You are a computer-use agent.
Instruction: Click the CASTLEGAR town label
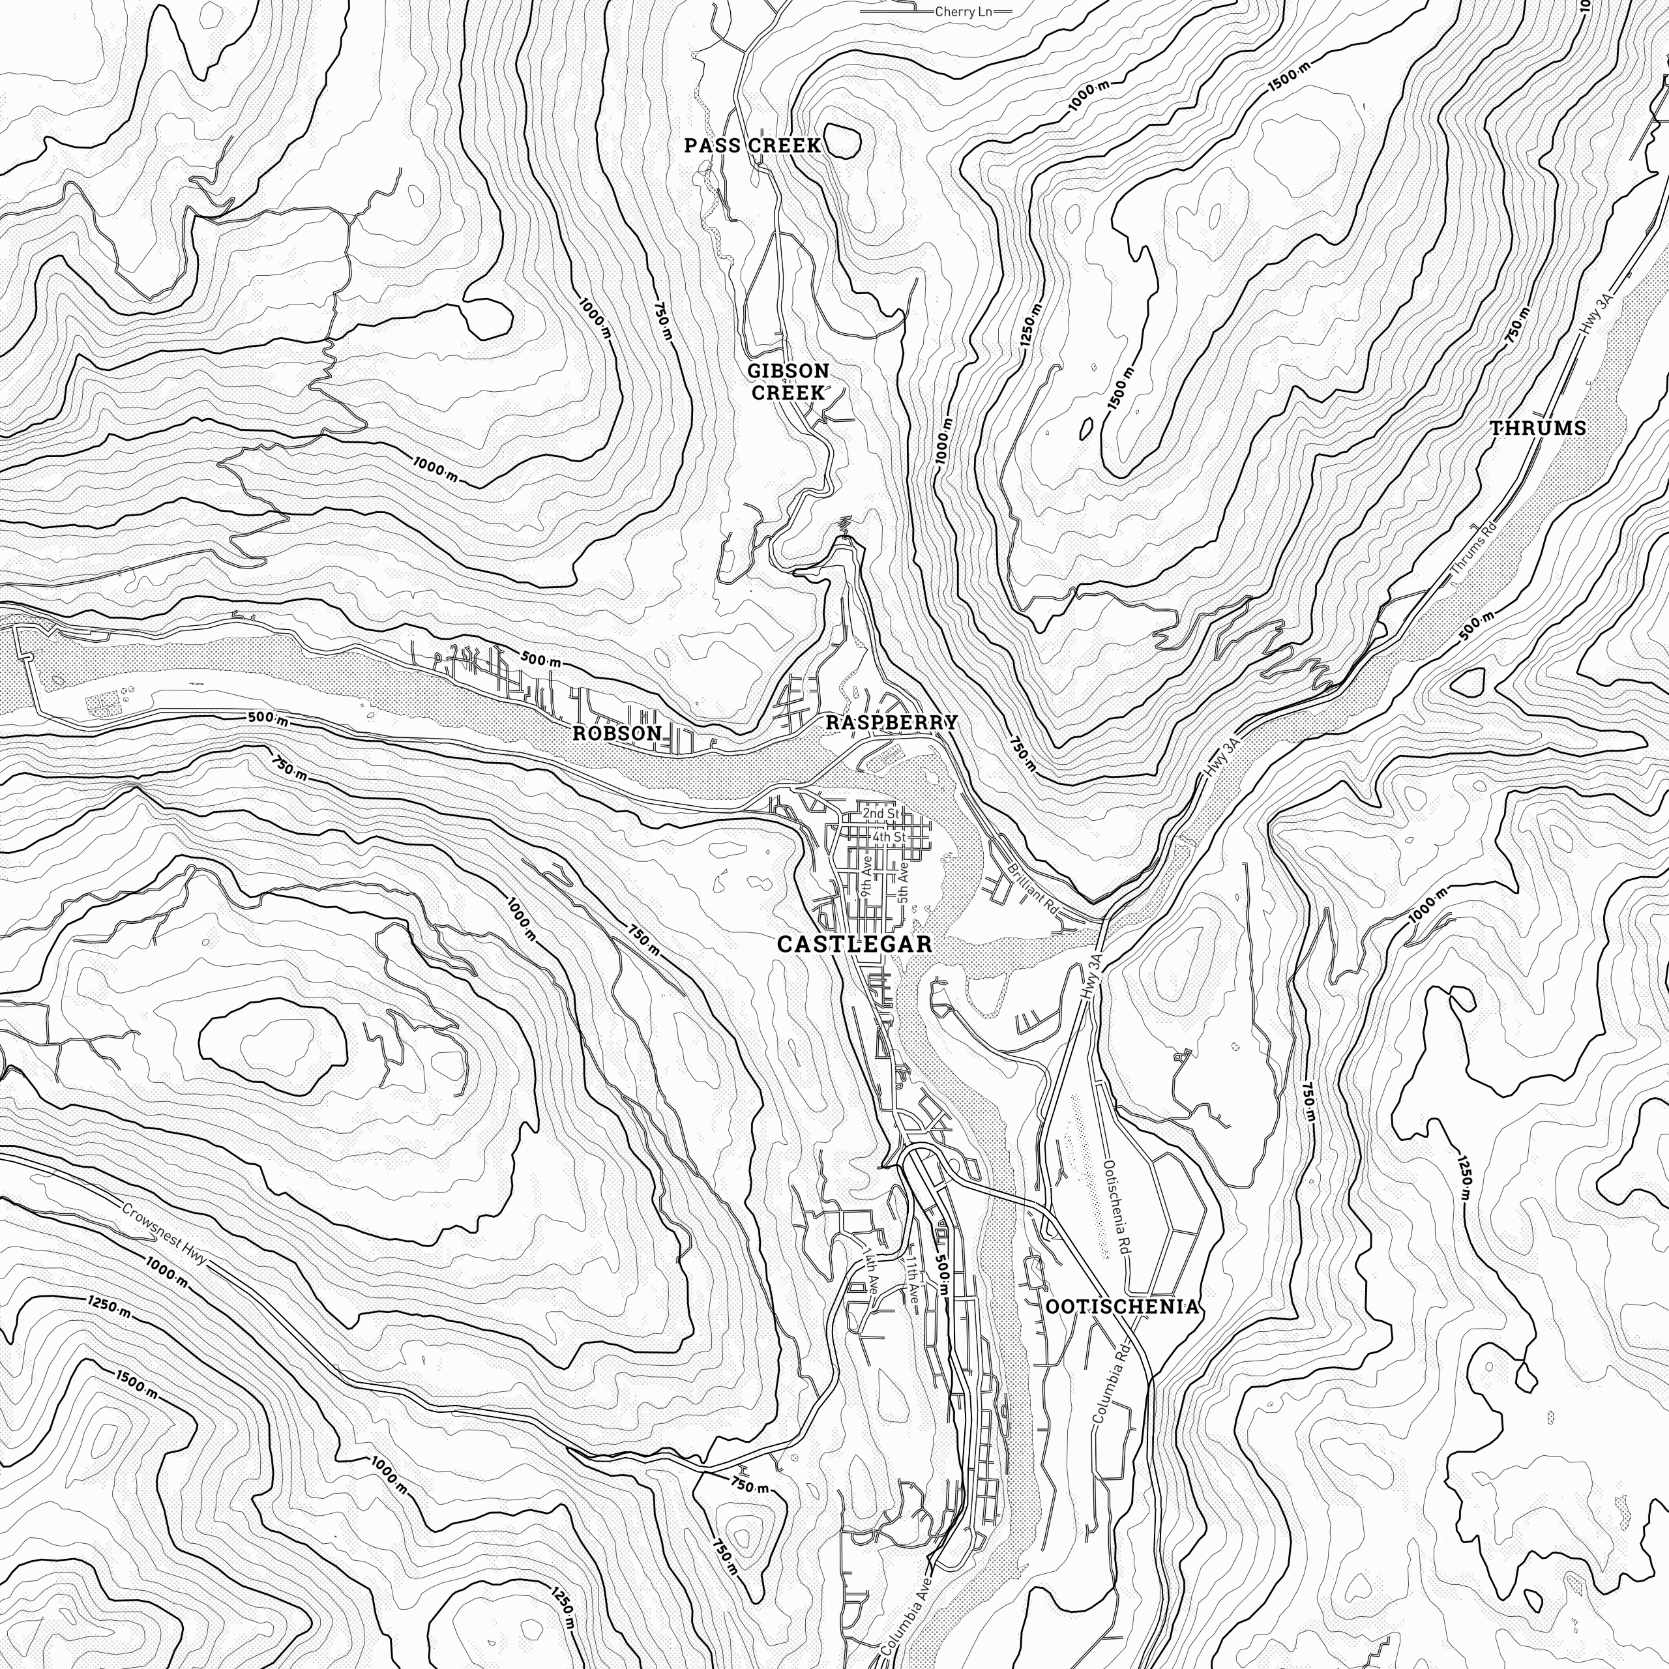point(854,944)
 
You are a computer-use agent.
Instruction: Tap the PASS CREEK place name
point(752,145)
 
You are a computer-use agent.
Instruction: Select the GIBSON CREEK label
point(788,381)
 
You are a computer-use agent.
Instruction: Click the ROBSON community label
point(617,733)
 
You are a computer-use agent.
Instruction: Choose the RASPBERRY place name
point(891,722)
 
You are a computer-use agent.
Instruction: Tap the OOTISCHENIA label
point(1122,1306)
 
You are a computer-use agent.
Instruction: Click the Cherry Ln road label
point(963,12)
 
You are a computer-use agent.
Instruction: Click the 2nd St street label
point(880,814)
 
